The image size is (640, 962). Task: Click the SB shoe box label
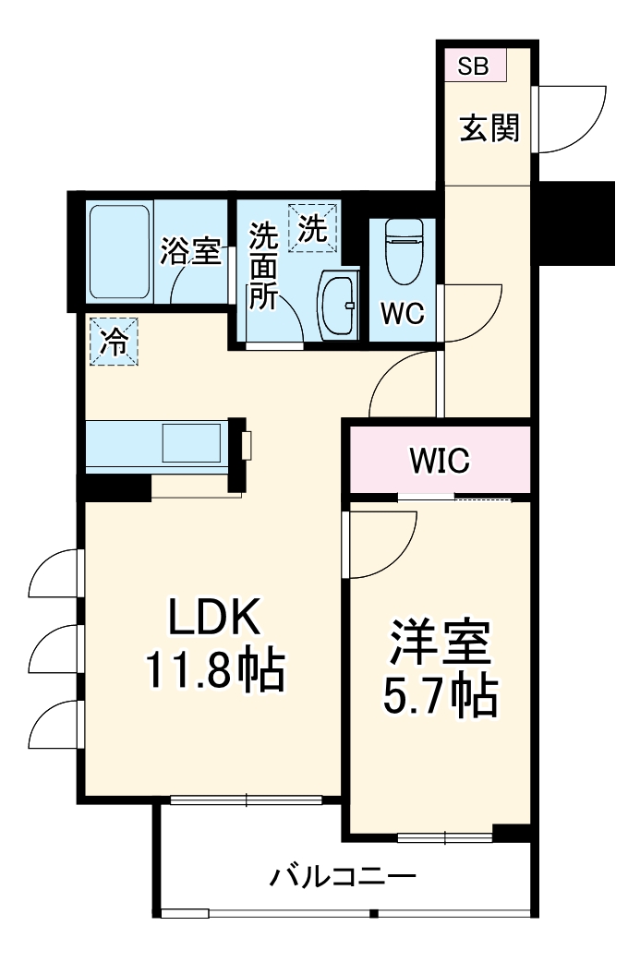click(x=473, y=66)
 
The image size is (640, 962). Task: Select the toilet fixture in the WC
click(x=403, y=254)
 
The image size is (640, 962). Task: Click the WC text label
click(x=403, y=314)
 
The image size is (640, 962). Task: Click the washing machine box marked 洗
click(x=313, y=227)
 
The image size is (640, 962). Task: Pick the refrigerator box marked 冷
click(x=114, y=341)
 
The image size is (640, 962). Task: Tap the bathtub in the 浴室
click(x=120, y=252)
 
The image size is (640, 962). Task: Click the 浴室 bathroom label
click(x=190, y=251)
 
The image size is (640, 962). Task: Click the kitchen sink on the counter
click(x=191, y=443)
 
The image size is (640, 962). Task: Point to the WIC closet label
click(x=441, y=460)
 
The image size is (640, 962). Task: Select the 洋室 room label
click(x=440, y=645)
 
